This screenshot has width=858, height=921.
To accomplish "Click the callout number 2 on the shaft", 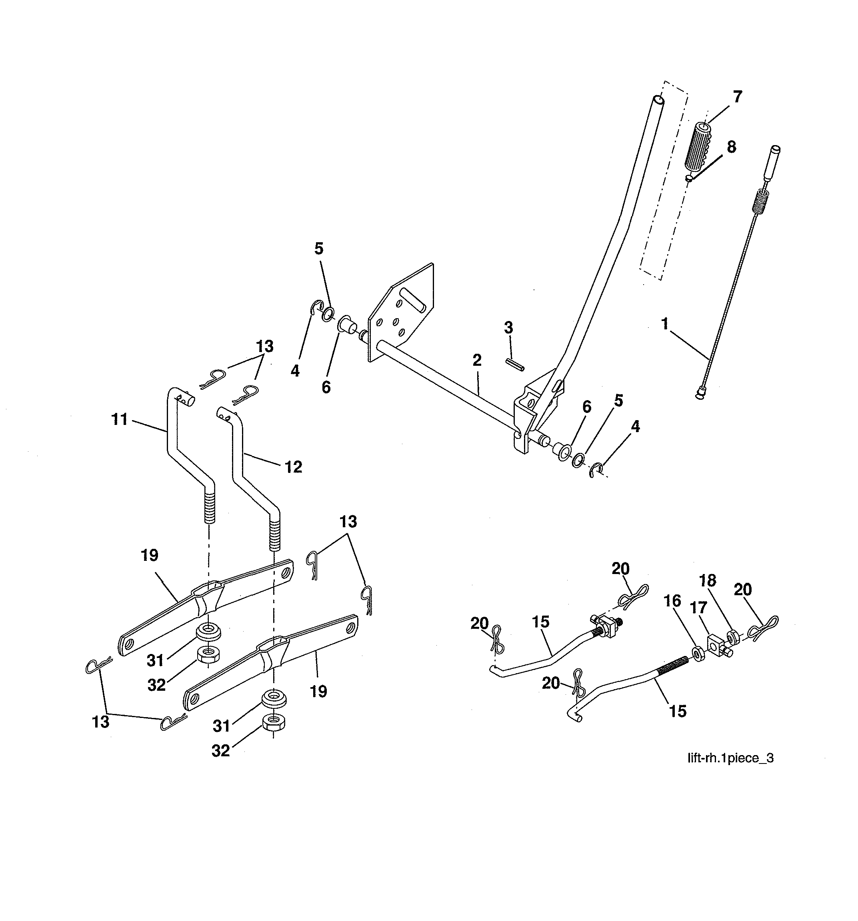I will coord(477,361).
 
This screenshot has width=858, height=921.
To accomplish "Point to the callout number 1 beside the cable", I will coord(665,324).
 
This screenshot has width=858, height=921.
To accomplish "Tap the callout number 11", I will coord(120,419).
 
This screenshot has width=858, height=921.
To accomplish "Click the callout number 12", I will coord(293,467).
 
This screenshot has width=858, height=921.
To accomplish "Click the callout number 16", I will coord(672,601).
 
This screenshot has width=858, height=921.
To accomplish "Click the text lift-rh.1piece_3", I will coord(730,758).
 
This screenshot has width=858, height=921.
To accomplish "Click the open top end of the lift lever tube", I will coord(658,100).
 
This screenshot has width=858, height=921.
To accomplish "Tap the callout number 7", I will coord(738,97).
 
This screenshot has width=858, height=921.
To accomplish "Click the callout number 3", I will coord(508,327).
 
